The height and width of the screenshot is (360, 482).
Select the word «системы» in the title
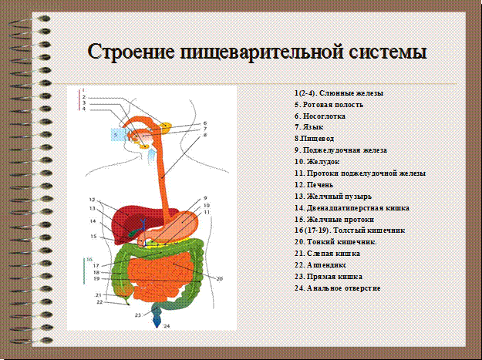pos(388,52)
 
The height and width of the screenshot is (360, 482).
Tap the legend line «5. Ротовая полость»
pos(329,105)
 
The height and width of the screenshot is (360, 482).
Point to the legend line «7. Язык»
pos(309,127)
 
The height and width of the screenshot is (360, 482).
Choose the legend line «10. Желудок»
pos(317,162)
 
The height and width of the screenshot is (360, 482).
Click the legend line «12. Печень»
pos(314,184)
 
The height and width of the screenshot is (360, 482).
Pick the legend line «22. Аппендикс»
pos(321,264)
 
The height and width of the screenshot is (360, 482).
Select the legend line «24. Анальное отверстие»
pos(338,288)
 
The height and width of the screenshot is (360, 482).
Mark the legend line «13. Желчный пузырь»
pos(333,197)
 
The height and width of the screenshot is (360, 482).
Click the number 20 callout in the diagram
pos(219,279)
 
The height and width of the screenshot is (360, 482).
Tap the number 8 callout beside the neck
pos(205,135)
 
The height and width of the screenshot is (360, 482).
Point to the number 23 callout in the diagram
pos(138,315)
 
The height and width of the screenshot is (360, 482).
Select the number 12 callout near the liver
pos(92,199)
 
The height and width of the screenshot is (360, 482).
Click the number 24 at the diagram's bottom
pos(167,326)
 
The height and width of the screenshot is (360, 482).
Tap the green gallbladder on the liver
pos(133,232)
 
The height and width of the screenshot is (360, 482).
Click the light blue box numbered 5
pos(118,135)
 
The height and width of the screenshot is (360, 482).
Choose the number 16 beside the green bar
pos(89,260)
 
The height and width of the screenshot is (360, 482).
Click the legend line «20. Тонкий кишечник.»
pos(335,242)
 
